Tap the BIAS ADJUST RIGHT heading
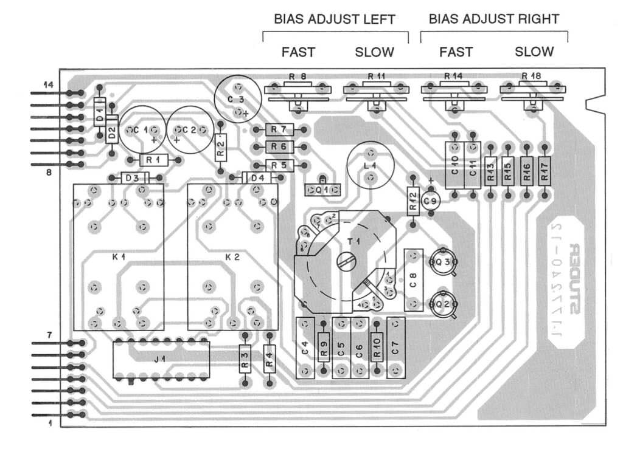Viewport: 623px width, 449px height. click(x=493, y=19)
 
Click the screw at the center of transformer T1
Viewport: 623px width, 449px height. click(x=344, y=262)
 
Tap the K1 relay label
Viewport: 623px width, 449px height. click(x=119, y=257)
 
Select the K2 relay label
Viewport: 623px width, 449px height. click(x=232, y=257)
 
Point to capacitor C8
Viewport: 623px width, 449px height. click(x=413, y=279)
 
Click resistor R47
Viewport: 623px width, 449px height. click(x=545, y=172)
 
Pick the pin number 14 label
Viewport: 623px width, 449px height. click(x=48, y=86)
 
